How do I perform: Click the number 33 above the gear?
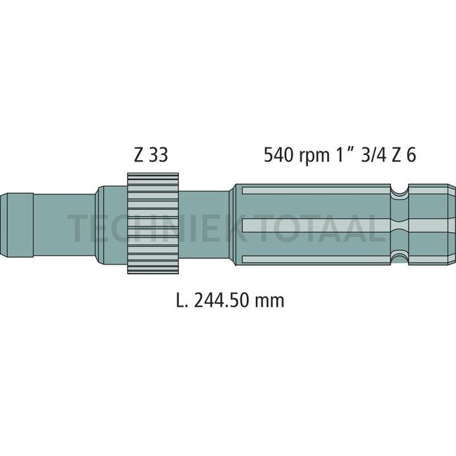(x=159, y=154)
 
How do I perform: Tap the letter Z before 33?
(x=138, y=154)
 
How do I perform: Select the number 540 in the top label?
(x=278, y=154)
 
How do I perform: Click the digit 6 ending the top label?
(x=410, y=154)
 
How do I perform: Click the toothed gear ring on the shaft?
(x=154, y=223)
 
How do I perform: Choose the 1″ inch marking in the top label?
(x=341, y=154)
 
